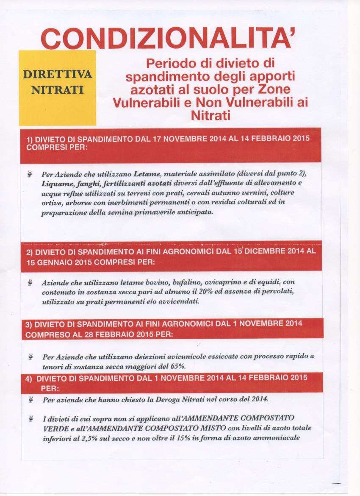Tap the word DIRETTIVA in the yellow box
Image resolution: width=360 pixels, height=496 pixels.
pyautogui.click(x=58, y=74)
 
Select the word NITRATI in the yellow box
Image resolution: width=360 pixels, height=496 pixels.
pyautogui.click(x=58, y=90)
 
